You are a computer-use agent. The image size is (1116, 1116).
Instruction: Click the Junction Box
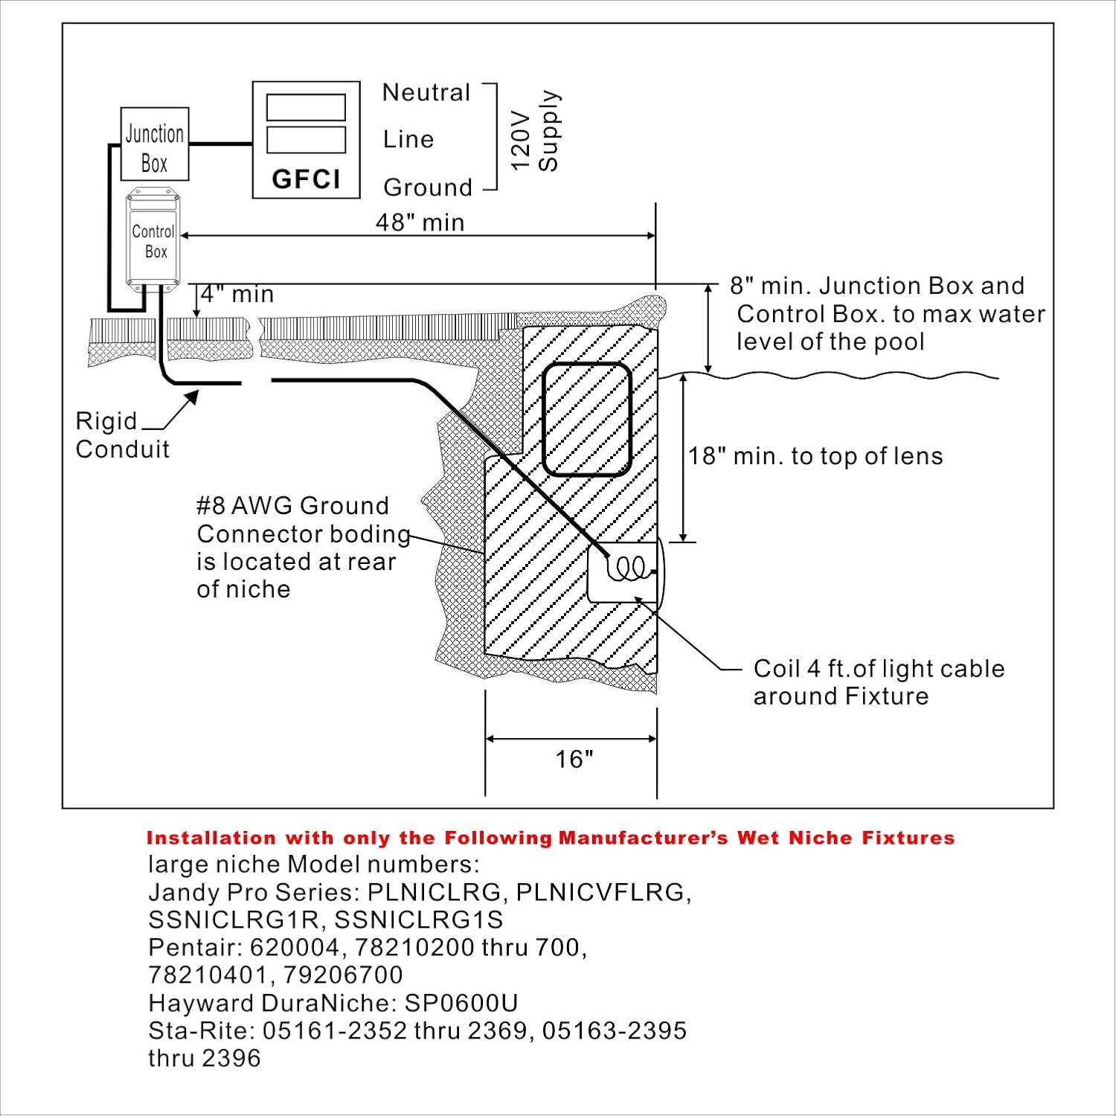click(x=155, y=144)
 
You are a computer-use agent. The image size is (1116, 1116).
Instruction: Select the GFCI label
click(x=307, y=179)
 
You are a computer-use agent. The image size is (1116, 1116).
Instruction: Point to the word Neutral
click(x=426, y=92)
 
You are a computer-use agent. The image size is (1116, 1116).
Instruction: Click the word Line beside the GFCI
click(x=408, y=139)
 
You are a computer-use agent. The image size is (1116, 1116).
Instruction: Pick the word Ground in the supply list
click(x=428, y=187)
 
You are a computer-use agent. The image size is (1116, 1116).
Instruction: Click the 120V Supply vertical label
click(x=536, y=131)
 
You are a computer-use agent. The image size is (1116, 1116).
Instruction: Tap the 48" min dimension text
click(x=420, y=222)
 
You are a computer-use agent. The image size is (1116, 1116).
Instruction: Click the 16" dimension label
click(x=574, y=759)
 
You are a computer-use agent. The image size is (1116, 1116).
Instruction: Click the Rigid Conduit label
click(x=122, y=435)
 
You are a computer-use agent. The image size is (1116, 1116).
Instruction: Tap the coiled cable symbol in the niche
click(x=629, y=569)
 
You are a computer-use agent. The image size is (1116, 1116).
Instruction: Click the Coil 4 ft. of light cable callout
click(x=879, y=682)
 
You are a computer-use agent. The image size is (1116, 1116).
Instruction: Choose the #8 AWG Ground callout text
click(x=303, y=547)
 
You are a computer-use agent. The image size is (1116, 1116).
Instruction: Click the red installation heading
click(x=551, y=838)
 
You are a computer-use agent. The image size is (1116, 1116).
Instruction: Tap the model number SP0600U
click(x=461, y=1003)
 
